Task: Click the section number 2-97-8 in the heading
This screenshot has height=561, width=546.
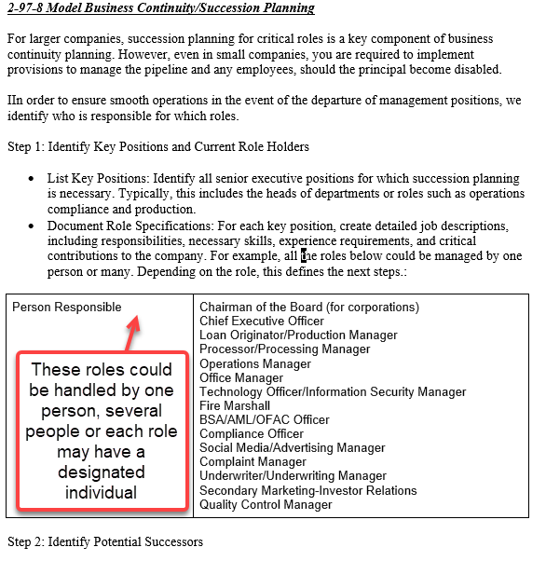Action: [x=28, y=8]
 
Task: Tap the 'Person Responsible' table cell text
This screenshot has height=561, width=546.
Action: [x=67, y=308]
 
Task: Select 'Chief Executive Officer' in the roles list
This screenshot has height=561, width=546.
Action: [x=262, y=322]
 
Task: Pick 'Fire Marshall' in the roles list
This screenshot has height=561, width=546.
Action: [x=235, y=406]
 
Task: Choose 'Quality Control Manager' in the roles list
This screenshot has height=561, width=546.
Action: [x=266, y=505]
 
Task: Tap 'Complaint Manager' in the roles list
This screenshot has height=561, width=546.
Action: [x=253, y=462]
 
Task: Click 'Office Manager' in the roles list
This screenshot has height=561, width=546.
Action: [x=241, y=378]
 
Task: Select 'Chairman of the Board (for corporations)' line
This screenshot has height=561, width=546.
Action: [x=309, y=308]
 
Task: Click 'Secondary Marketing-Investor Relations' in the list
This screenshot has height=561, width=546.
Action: [x=308, y=491]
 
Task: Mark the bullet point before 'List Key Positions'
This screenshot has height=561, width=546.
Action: [x=34, y=179]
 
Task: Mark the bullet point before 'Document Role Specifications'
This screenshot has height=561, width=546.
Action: [x=34, y=226]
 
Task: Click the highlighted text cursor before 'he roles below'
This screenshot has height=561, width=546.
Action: [x=304, y=255]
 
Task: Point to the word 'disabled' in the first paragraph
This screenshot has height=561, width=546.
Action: [x=480, y=70]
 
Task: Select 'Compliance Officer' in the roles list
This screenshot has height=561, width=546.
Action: [x=252, y=434]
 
